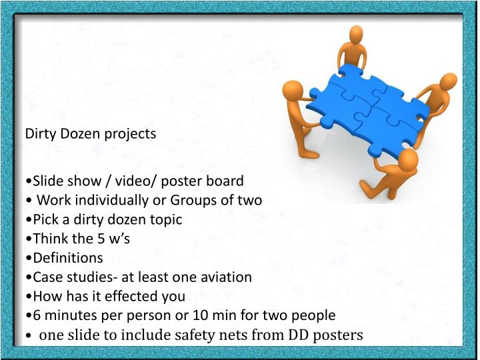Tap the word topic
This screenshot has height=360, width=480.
(x=165, y=219)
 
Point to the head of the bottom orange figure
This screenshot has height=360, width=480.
(x=405, y=159)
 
